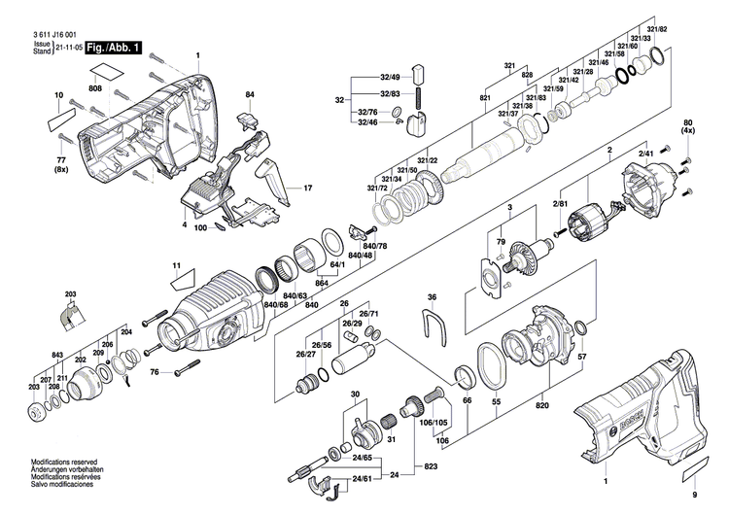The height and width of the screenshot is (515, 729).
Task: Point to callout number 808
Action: [95, 89]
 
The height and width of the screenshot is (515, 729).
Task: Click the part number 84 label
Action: [250, 94]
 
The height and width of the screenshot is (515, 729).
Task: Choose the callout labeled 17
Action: [308, 188]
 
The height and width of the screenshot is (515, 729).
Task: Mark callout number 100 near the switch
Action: [200, 227]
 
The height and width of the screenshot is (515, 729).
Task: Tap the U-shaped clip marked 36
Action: [433, 326]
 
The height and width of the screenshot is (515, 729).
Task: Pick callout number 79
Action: [503, 241]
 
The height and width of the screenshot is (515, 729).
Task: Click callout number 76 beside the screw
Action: [154, 371]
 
